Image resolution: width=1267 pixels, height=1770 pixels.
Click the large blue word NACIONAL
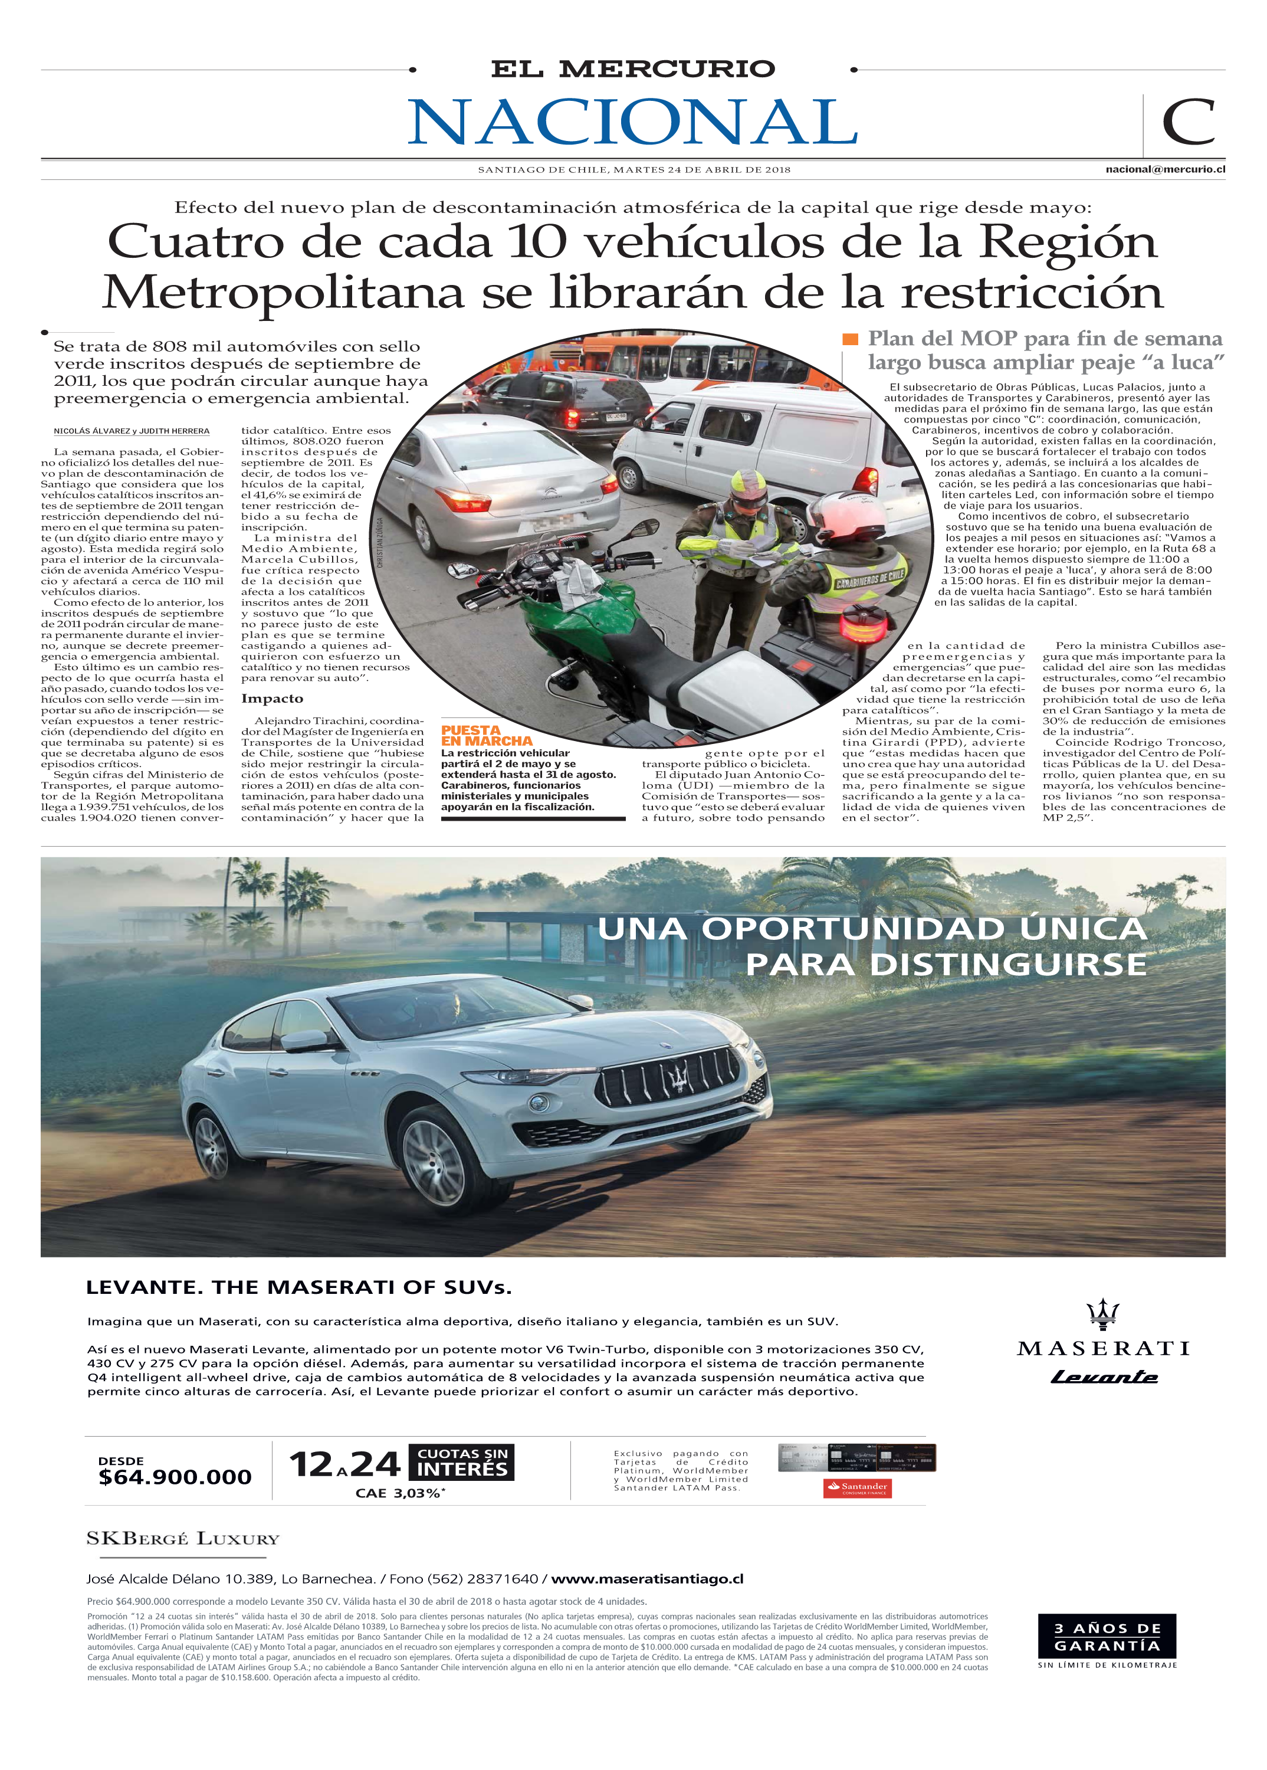[x=633, y=123]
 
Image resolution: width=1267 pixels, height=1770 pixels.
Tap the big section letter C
[x=1187, y=123]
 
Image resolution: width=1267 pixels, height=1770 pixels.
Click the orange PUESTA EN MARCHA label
[x=486, y=735]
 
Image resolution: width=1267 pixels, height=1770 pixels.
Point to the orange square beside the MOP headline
[x=851, y=339]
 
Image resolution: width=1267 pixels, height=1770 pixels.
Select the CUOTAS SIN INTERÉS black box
[x=462, y=1462]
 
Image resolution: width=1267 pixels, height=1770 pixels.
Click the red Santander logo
[x=858, y=1487]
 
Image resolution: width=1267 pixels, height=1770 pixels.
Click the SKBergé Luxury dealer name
[x=183, y=1539]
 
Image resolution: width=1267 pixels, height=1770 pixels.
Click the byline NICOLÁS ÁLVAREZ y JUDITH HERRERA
[x=131, y=431]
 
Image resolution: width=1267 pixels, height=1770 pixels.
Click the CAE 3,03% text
[x=399, y=1493]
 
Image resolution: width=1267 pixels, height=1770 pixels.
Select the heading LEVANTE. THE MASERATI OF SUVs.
[x=299, y=1288]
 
